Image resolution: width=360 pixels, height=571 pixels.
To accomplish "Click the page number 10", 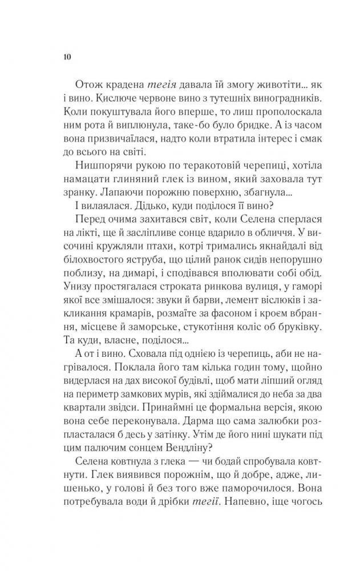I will (66, 57).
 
